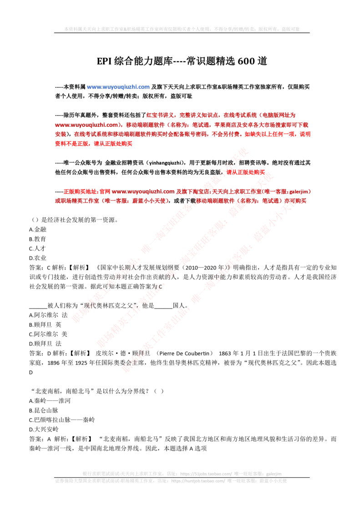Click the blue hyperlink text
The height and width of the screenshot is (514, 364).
[x=118, y=87]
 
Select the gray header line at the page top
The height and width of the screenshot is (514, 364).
[x=182, y=29]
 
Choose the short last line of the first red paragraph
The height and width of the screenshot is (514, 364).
[x=94, y=144]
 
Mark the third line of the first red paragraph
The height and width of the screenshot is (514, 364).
[x=182, y=134]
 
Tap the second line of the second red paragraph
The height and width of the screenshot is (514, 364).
[x=182, y=200]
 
